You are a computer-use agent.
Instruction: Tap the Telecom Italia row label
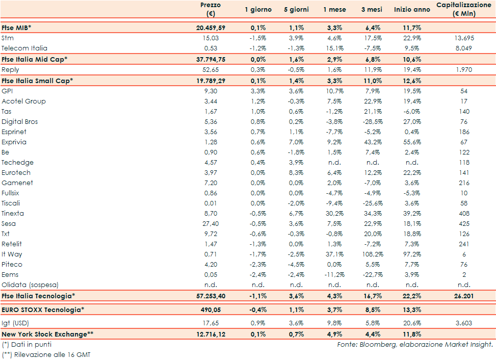(x=24, y=48)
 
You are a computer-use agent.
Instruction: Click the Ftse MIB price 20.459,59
(x=211, y=28)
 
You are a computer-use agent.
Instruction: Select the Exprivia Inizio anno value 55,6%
(x=412, y=142)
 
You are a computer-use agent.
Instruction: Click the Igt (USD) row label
(x=16, y=322)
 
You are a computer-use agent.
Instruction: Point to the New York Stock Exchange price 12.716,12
(x=211, y=334)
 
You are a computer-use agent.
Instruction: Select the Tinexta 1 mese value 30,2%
(x=334, y=213)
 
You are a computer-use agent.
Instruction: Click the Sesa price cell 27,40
(x=211, y=223)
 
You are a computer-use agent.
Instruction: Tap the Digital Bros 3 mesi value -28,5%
(x=373, y=121)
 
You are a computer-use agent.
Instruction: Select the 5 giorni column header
(x=296, y=9)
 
